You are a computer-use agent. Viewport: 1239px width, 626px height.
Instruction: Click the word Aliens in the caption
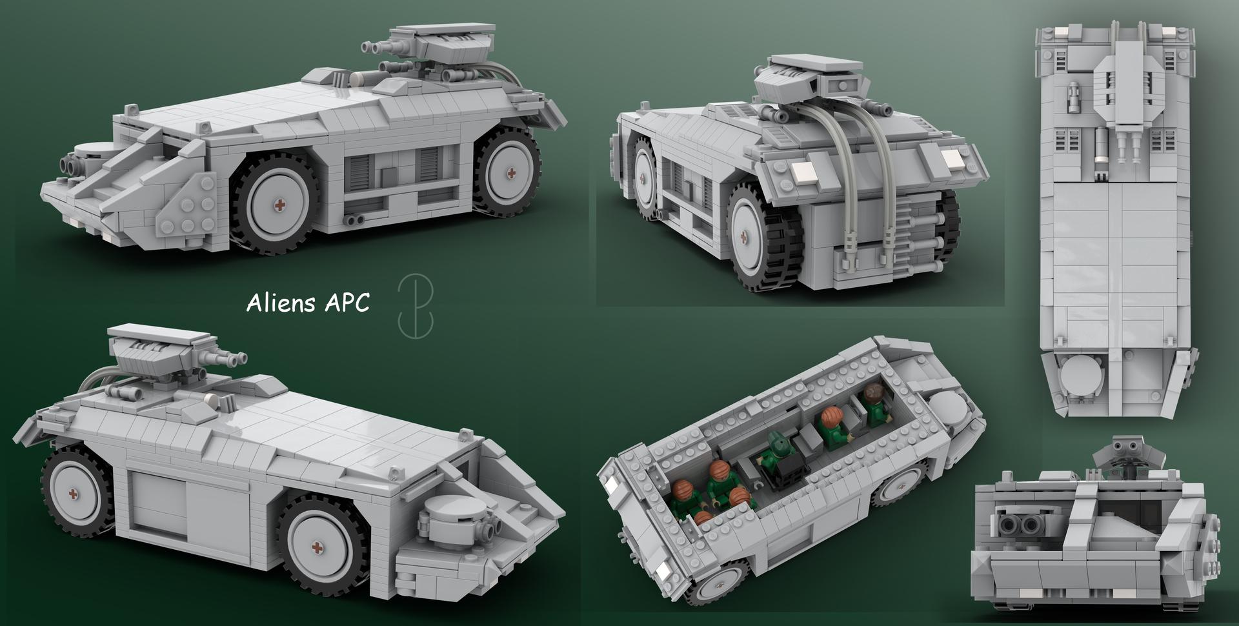click(279, 304)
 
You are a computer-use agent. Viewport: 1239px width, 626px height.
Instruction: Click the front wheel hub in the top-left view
click(279, 205)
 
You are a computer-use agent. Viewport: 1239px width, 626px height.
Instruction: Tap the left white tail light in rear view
click(801, 172)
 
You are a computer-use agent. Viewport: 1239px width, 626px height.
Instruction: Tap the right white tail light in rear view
click(951, 158)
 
